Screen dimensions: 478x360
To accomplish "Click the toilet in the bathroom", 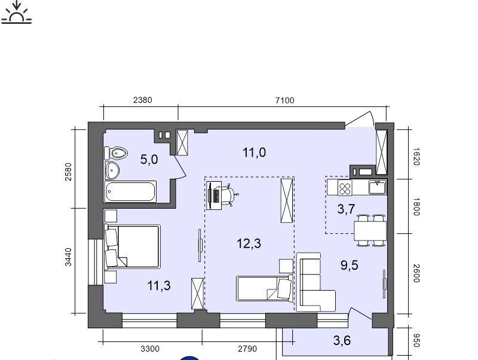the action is point(116,153).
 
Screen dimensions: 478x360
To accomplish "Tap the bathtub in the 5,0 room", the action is point(130,191).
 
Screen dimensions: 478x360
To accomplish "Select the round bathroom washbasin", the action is point(112,170).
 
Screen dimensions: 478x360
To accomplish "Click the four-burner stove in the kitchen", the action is point(345,187).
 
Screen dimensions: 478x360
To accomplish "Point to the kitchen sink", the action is point(378,187).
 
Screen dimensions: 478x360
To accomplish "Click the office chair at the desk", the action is point(229,195).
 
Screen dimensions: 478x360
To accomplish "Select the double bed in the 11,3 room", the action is point(132,246).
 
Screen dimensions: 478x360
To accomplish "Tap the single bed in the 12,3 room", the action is point(265,288).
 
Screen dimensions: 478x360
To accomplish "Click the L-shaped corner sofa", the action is point(316,282).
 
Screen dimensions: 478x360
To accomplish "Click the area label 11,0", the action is point(255,152).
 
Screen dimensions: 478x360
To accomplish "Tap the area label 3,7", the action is point(347,209).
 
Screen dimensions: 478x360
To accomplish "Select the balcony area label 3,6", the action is point(342,340).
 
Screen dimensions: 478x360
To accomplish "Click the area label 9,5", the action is point(350,265).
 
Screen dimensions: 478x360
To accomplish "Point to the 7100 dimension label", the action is point(285,100).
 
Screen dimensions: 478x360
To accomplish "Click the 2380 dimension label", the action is point(142,100).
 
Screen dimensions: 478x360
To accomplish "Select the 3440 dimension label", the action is point(68,257).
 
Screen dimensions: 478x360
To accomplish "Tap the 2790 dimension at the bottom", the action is point(247,349).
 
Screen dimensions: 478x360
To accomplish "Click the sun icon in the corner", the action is point(17,12).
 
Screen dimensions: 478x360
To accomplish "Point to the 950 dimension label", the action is point(416,340).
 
